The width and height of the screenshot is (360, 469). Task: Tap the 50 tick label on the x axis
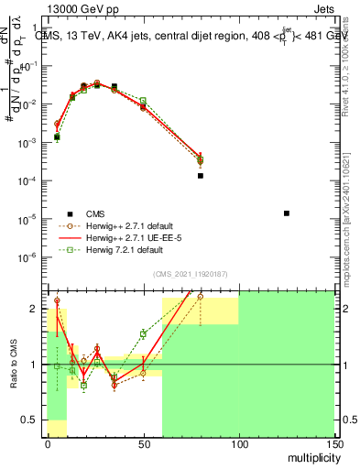pyautogui.click(x=144, y=442)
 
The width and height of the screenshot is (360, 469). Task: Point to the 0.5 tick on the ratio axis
pyautogui.click(x=33, y=420)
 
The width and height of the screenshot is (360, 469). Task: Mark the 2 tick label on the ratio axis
pyautogui.click(x=38, y=309)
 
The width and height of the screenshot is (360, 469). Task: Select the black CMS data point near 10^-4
pyautogui.click(x=201, y=175)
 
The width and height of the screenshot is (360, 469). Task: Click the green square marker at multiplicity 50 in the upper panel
pyautogui.click(x=143, y=101)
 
